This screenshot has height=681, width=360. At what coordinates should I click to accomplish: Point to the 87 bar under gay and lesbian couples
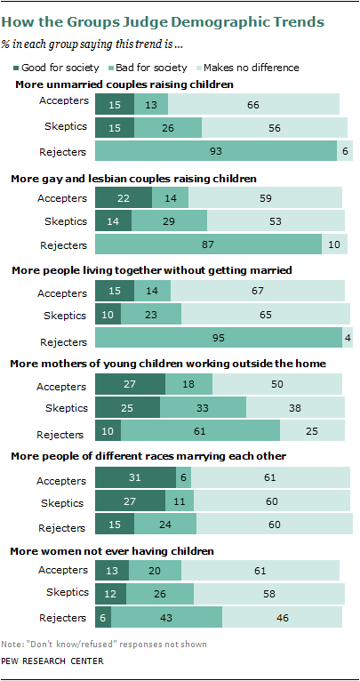point(208,244)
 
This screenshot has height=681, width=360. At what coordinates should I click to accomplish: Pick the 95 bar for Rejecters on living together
point(218,337)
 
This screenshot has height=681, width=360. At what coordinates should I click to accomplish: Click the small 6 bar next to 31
point(183,477)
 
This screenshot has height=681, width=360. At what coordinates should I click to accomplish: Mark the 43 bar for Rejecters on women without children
point(166,615)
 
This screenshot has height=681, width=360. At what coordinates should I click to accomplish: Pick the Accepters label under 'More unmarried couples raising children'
point(63,101)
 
